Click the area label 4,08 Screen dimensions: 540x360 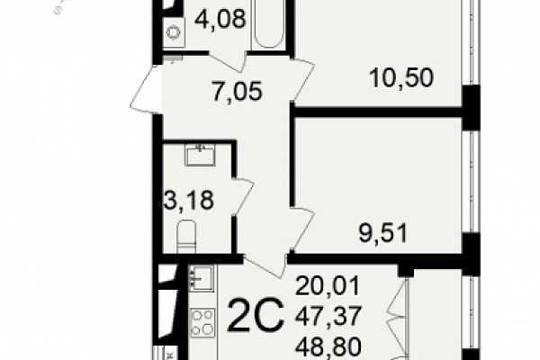coord(220,19)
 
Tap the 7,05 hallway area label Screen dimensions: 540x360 coord(238,92)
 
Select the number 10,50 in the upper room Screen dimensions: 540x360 coord(400,77)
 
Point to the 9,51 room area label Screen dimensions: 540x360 coord(383,233)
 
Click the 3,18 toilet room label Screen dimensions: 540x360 coord(189,200)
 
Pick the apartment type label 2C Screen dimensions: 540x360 coord(256,315)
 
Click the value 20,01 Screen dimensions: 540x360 coord(328,285)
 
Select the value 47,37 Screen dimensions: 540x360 coord(328,316)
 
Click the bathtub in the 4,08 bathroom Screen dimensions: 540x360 coord(269,23)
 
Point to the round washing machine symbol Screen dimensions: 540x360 coord(174,32)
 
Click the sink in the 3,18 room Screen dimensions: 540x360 coord(200,155)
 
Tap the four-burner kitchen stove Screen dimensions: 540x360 coord(202,322)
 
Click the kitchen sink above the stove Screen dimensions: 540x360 coord(201,276)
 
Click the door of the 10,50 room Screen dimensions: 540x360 coord(302,81)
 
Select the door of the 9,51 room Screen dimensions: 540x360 coord(302,229)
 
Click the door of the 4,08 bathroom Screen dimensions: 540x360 coord(227,62)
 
